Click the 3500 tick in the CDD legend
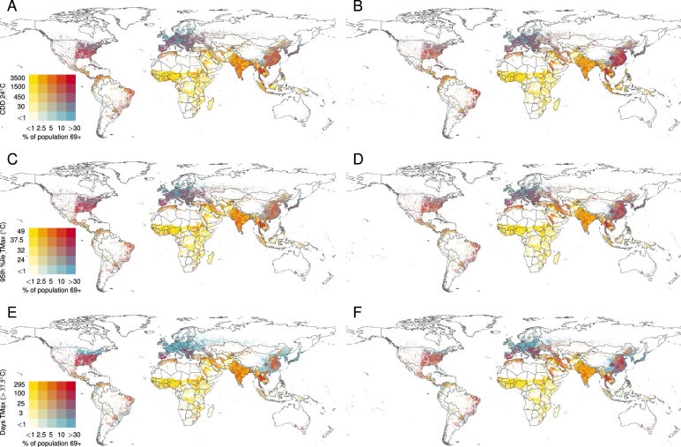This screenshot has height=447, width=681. coord(19,78)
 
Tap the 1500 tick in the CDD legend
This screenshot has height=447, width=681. coord(19,87)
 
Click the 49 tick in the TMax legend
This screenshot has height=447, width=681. coord(22,230)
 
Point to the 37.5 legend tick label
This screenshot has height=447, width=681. coord(19,238)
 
